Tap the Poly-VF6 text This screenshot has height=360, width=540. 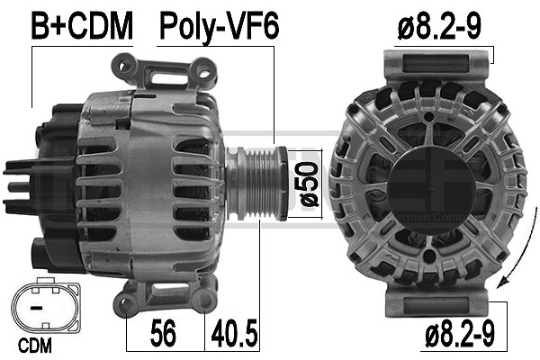219,27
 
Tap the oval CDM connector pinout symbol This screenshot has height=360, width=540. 43,309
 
